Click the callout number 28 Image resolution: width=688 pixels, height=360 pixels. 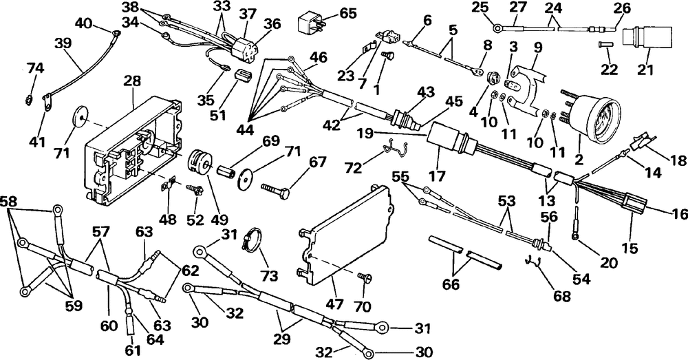(133, 81)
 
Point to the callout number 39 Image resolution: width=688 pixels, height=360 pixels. (63, 44)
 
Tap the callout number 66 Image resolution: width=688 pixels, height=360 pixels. (451, 284)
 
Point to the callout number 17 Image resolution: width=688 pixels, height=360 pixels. (438, 176)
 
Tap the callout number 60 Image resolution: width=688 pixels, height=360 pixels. (109, 326)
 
